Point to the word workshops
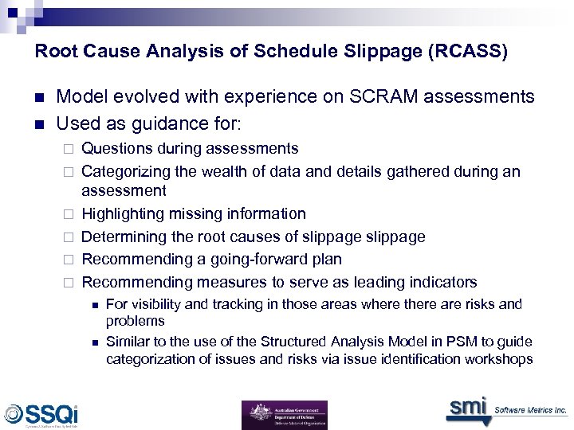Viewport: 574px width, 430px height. (499, 359)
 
